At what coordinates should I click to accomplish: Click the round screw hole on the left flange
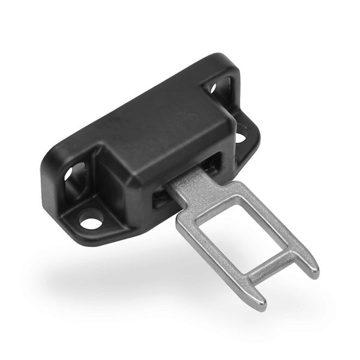[91, 223]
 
